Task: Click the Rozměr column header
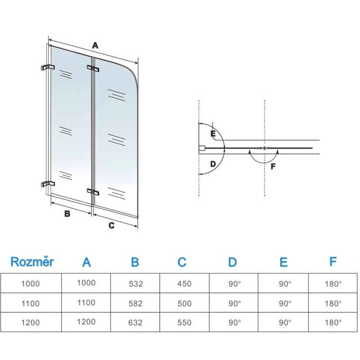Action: coord(32,262)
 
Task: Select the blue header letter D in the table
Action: coord(232,262)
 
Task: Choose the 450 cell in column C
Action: coord(184,283)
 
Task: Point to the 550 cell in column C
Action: coord(184,323)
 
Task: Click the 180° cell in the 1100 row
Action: coord(333,303)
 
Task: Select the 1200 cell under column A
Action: coord(86,322)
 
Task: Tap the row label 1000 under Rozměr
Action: coord(31,283)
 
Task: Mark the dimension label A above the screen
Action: coord(95,45)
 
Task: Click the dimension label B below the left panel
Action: coord(67,214)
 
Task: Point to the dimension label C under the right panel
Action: coord(112,225)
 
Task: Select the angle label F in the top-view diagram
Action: coord(273,166)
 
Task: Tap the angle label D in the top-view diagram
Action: coord(212,165)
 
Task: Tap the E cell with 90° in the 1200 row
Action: coord(283,323)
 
